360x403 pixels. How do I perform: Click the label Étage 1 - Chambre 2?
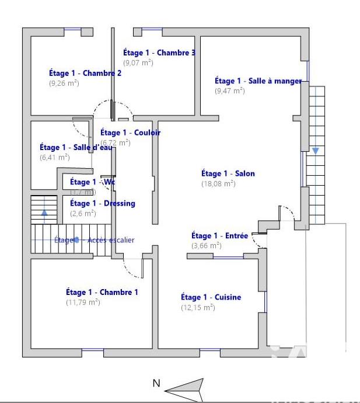[x=85, y=74]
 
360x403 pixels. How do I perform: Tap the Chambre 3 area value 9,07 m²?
[x=138, y=62]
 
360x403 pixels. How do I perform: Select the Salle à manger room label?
[x=258, y=81]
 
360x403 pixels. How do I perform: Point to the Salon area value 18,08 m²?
[x=218, y=183]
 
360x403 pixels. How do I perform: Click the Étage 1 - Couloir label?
[x=130, y=133]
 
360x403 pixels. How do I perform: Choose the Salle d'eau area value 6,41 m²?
[x=54, y=157]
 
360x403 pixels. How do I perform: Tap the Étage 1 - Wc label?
[x=92, y=182]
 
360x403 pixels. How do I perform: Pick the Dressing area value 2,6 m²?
[x=83, y=213]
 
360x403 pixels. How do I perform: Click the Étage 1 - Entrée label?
[x=219, y=236]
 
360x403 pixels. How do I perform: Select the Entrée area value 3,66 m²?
[x=206, y=246]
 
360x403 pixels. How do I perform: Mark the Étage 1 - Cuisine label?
[x=211, y=297]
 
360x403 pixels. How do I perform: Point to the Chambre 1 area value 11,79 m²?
[x=83, y=302]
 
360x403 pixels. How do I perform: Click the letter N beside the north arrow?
[x=156, y=384]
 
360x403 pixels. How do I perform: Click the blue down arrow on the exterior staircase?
[x=315, y=151]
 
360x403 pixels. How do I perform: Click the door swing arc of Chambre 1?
[x=131, y=268]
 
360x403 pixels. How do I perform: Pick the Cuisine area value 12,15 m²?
[x=198, y=307]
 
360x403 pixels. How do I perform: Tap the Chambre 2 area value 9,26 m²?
[x=64, y=84]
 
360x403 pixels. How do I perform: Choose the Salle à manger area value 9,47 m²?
[x=229, y=91]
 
